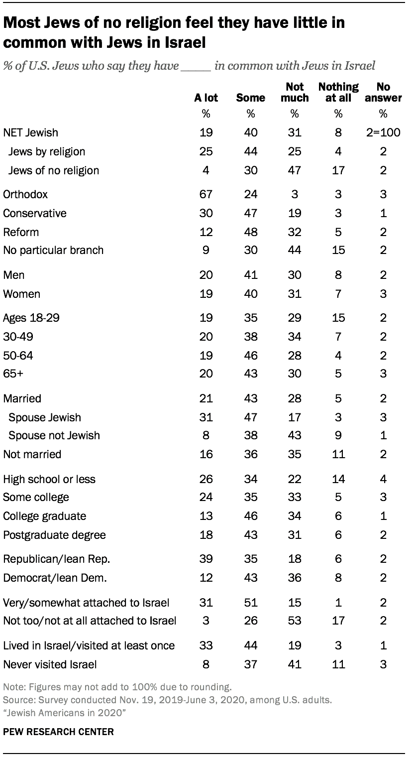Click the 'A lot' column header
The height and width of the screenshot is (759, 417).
coord(206,98)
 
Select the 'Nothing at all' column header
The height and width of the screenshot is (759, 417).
coord(338,92)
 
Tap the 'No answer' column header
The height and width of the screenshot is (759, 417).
coord(383,92)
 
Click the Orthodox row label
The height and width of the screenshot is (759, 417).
coord(25,194)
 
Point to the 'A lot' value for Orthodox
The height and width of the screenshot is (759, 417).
coord(206,194)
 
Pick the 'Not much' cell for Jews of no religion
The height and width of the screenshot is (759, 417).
coord(295,170)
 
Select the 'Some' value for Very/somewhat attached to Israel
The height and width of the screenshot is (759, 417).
coord(250,603)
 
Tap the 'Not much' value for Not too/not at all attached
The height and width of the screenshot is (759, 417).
coord(295,621)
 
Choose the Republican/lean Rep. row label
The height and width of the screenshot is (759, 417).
coord(57,559)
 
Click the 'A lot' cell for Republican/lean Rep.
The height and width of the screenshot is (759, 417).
coord(206,559)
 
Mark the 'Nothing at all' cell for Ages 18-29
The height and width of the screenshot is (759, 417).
coord(338,318)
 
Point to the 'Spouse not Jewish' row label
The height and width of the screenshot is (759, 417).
coord(54,435)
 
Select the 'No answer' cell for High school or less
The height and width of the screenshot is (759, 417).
coord(383,479)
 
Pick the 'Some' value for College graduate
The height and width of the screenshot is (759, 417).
coord(250,516)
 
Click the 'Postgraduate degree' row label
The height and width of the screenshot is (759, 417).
coord(54,535)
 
